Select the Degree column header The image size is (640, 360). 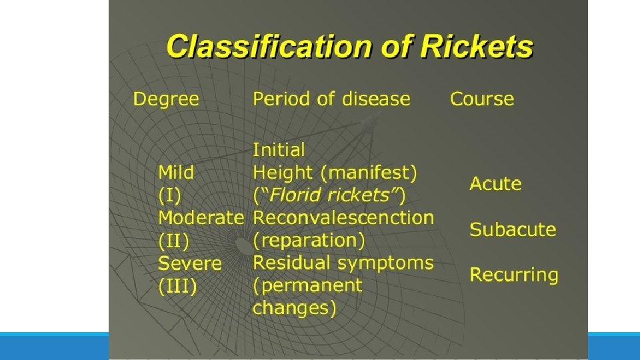[166, 99]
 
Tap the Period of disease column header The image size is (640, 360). [331, 99]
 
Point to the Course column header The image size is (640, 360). [482, 99]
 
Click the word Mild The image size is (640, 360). [176, 173]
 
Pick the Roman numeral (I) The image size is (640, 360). [169, 195]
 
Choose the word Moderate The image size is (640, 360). [201, 218]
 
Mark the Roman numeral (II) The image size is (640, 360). [173, 240]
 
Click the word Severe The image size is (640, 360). [189, 263]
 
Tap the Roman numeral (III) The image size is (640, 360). [177, 286]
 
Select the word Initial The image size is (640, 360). [279, 150]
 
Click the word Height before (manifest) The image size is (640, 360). [284, 173]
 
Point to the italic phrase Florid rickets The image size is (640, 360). [329, 195]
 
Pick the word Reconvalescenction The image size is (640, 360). [343, 218]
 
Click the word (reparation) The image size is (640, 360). [309, 240]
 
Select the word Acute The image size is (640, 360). [495, 184]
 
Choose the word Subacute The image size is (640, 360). [513, 229]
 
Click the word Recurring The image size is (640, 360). [514, 275]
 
